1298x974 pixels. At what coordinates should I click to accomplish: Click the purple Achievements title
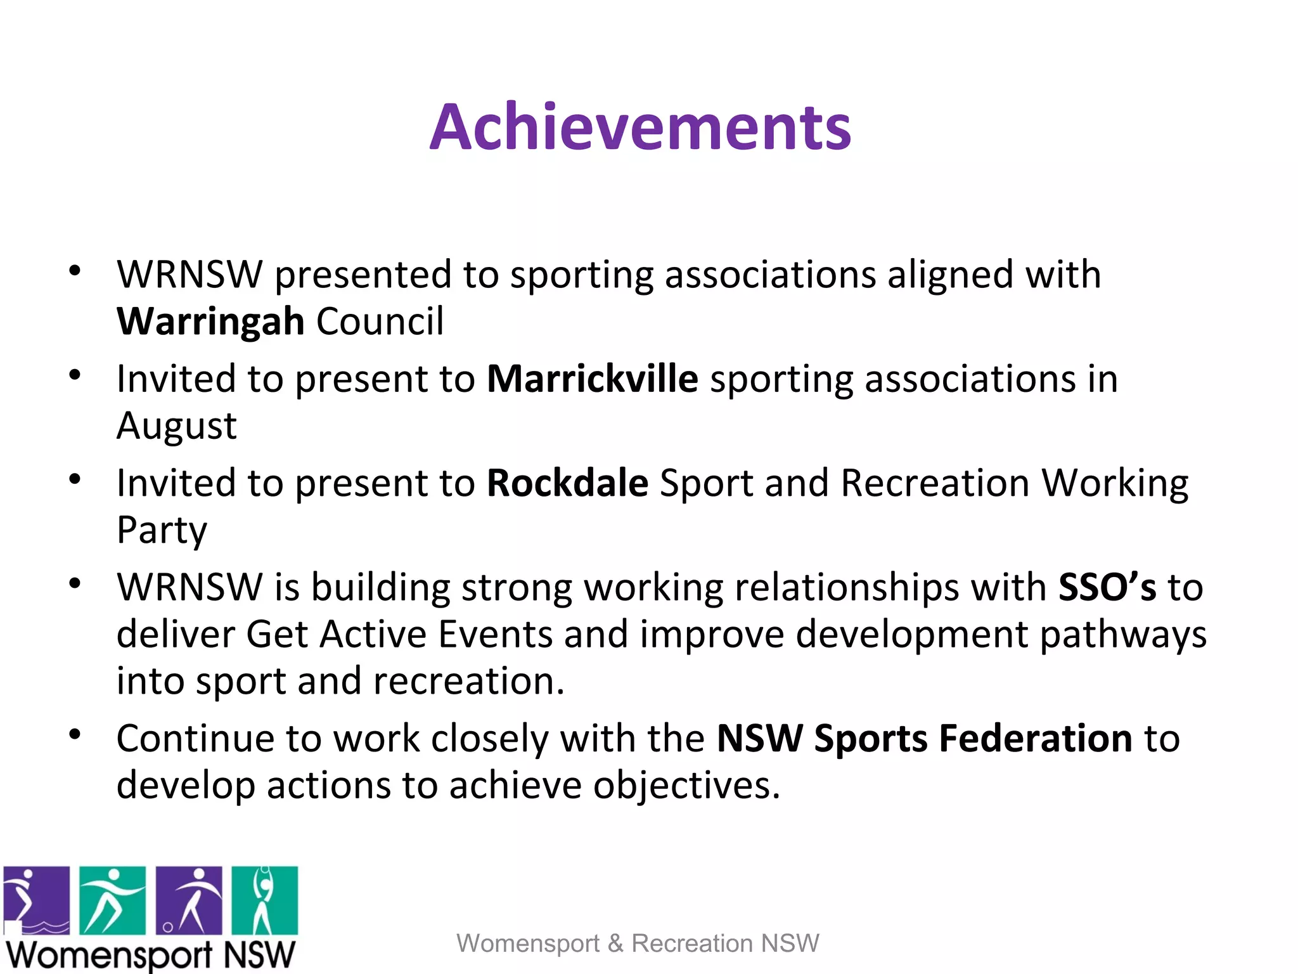[640, 128]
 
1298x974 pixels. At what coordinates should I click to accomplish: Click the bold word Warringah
[210, 321]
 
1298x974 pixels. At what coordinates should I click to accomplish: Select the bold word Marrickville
[592, 379]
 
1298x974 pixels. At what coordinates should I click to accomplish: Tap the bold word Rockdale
[567, 483]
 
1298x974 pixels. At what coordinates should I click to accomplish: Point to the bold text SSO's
[1107, 587]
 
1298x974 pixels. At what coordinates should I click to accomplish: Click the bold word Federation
[1035, 739]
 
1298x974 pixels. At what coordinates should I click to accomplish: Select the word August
[177, 426]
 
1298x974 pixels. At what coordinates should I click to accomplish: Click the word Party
[162, 530]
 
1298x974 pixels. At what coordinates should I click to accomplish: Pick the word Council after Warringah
[380, 321]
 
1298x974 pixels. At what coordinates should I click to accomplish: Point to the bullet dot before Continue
[75, 734]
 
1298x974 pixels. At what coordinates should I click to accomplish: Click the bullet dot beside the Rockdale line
[75, 479]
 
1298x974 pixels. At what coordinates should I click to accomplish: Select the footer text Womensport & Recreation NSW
[638, 943]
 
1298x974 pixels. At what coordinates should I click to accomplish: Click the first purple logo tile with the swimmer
[36, 900]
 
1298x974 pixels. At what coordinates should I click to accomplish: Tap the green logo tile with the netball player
[264, 900]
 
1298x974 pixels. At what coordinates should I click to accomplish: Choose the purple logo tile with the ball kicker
[189, 900]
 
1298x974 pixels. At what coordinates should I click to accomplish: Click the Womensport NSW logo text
[150, 955]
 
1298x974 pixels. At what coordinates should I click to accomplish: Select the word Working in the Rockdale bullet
[1115, 483]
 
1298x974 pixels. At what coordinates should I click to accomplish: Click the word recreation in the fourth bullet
[468, 682]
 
